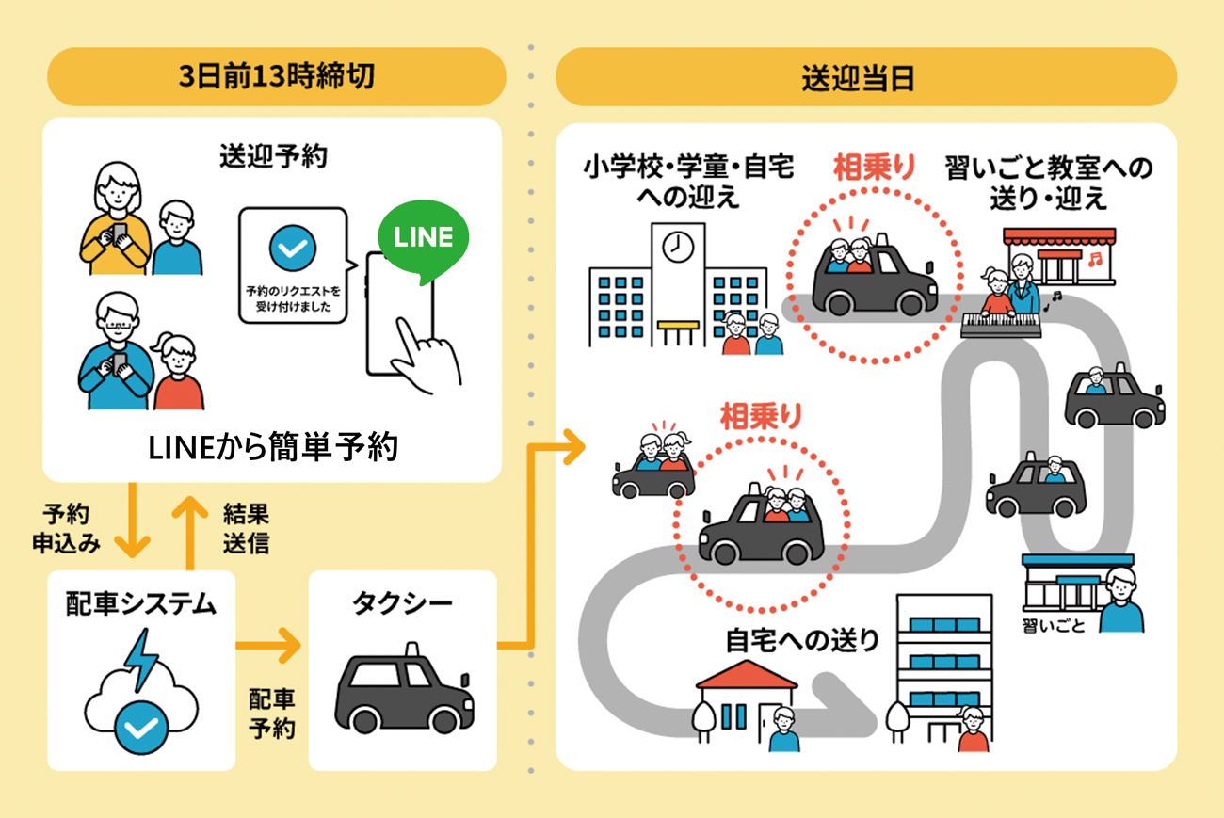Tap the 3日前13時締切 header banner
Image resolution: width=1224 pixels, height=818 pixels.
[277, 76]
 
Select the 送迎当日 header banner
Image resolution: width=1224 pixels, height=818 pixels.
[865, 76]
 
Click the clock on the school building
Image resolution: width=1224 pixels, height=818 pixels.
[677, 247]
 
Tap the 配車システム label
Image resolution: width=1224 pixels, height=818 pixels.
[140, 603]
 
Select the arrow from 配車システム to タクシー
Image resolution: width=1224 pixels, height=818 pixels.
[267, 647]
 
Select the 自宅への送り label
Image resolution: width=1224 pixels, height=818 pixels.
[802, 641]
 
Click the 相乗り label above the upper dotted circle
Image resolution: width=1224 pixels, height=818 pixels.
[874, 168]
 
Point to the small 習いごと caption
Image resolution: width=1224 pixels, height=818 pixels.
[1053, 625]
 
